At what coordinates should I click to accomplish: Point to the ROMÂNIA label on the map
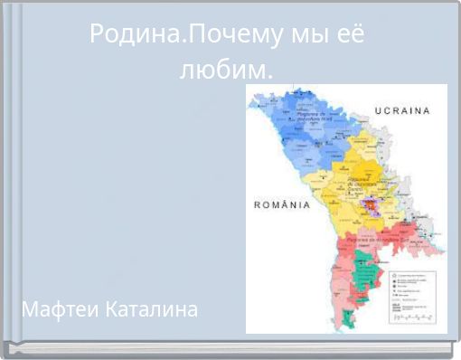[281, 204]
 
